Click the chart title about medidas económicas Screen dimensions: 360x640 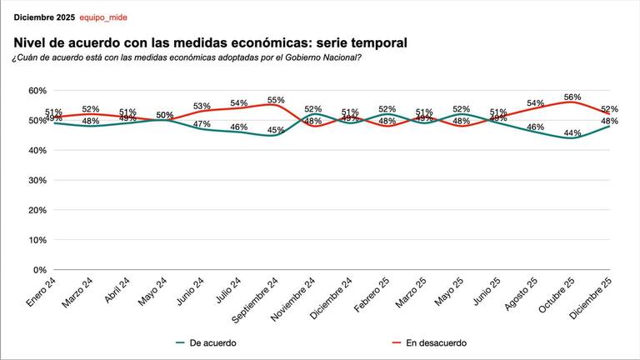click(x=210, y=42)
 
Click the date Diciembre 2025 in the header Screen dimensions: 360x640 click(x=43, y=17)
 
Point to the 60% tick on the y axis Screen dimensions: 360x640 click(x=37, y=90)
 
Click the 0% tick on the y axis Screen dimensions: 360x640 click(x=39, y=270)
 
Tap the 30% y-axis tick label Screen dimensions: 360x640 click(x=37, y=180)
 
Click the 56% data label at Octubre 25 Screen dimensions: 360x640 click(x=572, y=97)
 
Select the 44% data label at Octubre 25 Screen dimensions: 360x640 click(x=572, y=133)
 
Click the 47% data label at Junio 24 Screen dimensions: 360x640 click(x=202, y=124)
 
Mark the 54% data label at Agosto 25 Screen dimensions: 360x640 click(x=535, y=103)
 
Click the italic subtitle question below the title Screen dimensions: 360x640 click(x=187, y=57)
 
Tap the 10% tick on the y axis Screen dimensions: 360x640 click(x=37, y=240)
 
